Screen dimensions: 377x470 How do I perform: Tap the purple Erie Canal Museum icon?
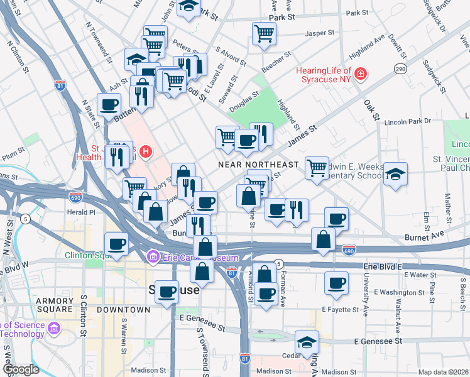[x=152, y=257]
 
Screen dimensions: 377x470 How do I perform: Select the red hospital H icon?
[x=146, y=151]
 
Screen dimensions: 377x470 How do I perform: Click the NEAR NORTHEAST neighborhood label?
[x=258, y=164]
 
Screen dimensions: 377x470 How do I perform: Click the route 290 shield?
[x=400, y=68]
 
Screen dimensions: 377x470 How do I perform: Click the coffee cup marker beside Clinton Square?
[x=116, y=244]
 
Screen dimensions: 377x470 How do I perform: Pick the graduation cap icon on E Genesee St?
[x=306, y=342]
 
